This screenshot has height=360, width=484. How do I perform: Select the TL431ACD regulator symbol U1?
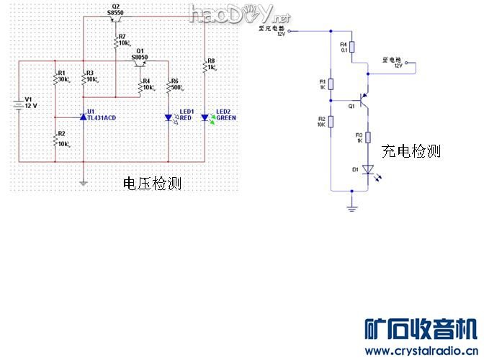(83, 116)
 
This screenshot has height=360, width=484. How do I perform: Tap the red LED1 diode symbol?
(168, 117)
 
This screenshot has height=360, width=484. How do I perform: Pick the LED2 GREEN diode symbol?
(205, 117)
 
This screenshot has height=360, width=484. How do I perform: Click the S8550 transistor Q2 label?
(115, 14)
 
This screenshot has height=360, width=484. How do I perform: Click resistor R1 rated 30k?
(55, 77)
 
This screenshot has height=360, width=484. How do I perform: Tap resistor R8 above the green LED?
(205, 66)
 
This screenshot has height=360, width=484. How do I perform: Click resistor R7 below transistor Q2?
(115, 42)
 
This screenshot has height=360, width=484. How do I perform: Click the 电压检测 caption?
(152, 184)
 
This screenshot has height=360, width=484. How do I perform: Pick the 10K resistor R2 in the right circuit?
(331, 120)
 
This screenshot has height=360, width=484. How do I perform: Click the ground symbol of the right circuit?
(351, 208)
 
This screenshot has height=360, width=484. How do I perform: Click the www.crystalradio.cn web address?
(420, 351)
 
